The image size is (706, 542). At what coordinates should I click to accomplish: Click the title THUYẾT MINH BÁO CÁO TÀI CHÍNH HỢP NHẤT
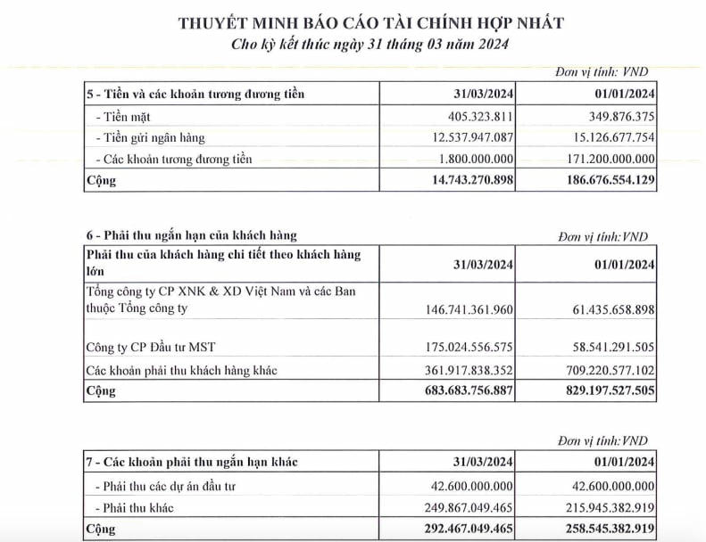coord(370,22)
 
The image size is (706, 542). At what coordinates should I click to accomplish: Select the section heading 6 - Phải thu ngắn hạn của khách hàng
coord(192,235)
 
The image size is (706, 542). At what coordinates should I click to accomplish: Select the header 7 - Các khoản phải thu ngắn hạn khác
coord(192,462)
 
